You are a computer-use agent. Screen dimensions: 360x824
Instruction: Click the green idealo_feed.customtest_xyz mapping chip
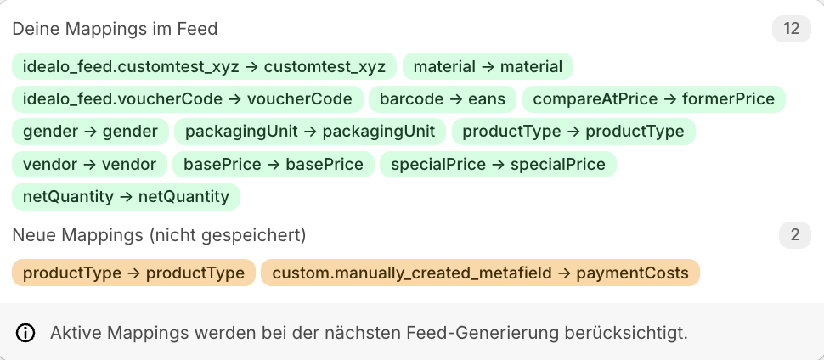[x=204, y=66]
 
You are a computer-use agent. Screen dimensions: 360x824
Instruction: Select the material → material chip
[x=488, y=66]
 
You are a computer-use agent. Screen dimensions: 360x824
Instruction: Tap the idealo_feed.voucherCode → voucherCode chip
[x=188, y=98]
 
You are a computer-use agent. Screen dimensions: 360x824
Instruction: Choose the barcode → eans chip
[x=443, y=98]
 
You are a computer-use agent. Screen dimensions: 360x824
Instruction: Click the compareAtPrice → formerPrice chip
[x=653, y=98]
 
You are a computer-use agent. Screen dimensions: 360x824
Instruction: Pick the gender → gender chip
[x=90, y=132]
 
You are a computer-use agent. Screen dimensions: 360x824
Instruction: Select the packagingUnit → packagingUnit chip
[x=310, y=132]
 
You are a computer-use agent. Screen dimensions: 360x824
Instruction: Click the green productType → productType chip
[x=573, y=132]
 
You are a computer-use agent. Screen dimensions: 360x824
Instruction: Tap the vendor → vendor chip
[x=89, y=164]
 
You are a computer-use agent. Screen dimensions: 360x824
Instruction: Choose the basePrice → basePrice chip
[x=273, y=164]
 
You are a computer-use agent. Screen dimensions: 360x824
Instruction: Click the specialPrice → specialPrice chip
[x=498, y=164]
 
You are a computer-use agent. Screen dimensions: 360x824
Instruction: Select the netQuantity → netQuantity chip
[x=126, y=197]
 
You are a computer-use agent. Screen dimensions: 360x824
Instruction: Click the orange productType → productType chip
[x=133, y=273]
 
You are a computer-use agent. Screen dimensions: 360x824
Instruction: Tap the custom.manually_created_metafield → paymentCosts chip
[x=480, y=273]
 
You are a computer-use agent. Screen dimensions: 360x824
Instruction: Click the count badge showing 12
[x=792, y=29]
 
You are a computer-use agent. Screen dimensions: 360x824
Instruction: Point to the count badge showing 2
[x=795, y=234]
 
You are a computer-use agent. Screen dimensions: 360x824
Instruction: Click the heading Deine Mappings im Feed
[x=115, y=29]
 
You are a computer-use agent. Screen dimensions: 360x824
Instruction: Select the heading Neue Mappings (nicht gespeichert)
[x=159, y=234]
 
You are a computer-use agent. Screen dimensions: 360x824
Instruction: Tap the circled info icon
[x=26, y=332]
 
